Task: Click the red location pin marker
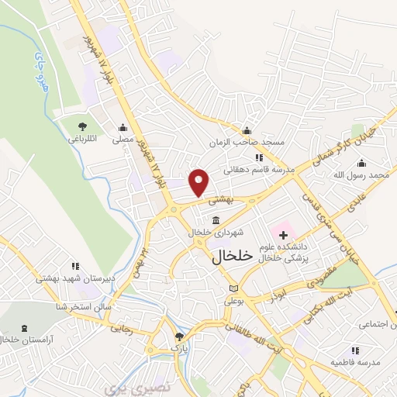coord(199,182)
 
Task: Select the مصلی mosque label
coord(123,140)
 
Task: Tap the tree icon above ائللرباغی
coord(83,126)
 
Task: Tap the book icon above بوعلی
coord(234,288)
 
